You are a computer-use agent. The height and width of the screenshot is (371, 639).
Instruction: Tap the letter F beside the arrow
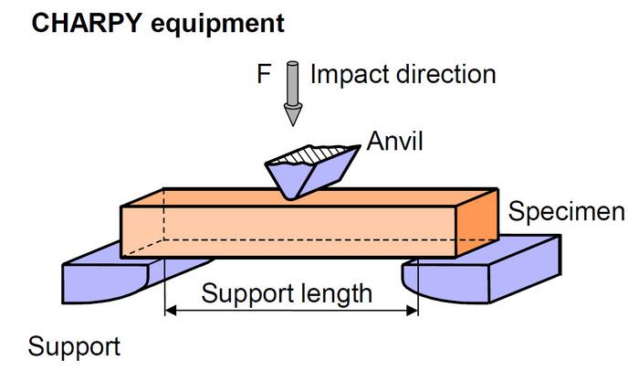(x=264, y=74)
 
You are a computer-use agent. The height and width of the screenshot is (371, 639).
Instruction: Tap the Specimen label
(x=566, y=213)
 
